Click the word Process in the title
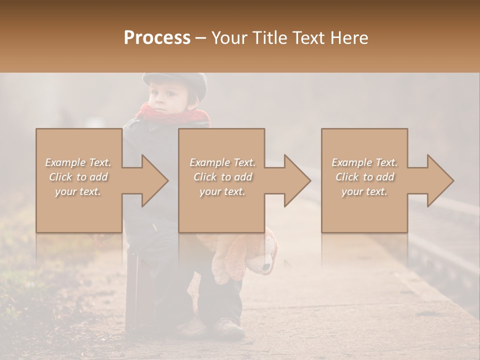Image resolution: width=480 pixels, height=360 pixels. point(157,38)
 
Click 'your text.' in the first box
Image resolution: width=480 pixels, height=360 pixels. point(78,191)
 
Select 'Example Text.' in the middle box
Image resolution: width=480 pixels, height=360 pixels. point(222,162)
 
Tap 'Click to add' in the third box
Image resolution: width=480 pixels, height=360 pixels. point(364,177)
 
